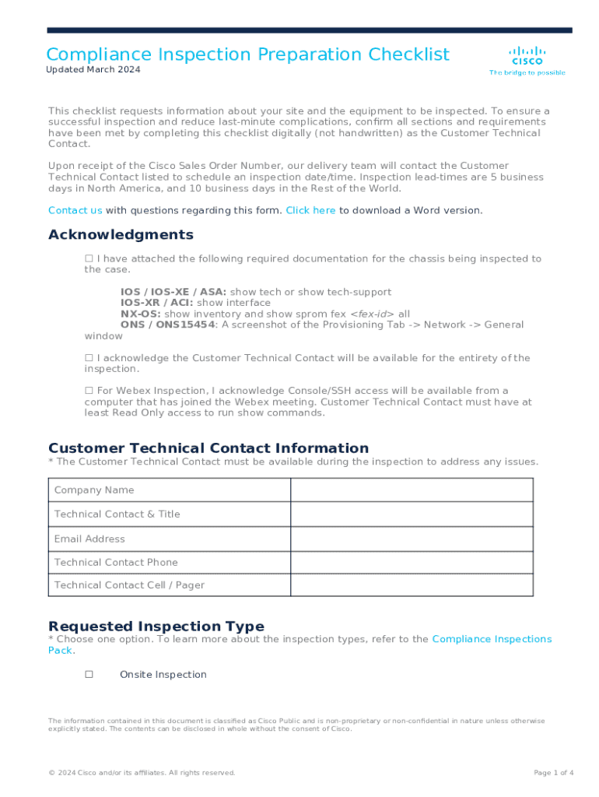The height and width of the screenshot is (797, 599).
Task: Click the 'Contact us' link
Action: (75, 210)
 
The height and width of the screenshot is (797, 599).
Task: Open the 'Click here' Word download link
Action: (310, 210)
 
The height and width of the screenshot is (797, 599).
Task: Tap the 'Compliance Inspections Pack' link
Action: (492, 639)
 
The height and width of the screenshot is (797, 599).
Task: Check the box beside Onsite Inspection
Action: (89, 675)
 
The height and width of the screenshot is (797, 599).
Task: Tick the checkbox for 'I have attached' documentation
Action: (89, 258)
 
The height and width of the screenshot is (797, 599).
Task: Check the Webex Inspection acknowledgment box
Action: (89, 391)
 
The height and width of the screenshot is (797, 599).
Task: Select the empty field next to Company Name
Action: (412, 490)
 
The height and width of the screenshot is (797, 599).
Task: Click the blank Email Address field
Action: (412, 539)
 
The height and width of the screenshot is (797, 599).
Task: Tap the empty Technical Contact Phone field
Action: (412, 562)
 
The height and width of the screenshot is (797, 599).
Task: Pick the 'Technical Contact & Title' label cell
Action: (117, 514)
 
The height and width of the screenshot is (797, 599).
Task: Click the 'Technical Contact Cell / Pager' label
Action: (129, 585)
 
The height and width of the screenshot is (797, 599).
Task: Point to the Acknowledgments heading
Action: (121, 235)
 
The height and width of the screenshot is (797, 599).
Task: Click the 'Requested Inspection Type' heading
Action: (156, 627)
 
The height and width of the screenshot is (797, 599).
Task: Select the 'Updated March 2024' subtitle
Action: (93, 70)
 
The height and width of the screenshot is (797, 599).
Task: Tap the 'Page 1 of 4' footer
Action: (553, 773)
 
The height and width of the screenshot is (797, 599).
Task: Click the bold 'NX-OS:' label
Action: (141, 314)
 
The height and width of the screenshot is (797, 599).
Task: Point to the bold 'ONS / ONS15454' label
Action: (167, 325)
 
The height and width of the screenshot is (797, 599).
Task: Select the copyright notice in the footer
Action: (141, 773)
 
